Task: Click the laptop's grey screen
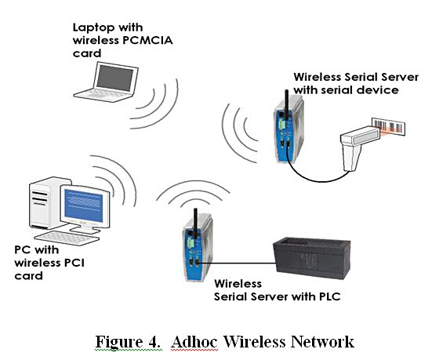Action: point(115,78)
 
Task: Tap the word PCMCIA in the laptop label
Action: point(147,40)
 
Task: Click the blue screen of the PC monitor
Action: point(84,205)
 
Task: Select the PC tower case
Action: point(47,203)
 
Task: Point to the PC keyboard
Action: point(67,238)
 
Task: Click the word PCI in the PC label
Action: point(74,263)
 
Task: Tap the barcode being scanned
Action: point(389,127)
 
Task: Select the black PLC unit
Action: point(311,258)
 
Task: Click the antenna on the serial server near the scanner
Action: point(286,105)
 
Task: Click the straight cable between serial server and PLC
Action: point(238,263)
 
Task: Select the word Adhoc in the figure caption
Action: point(194,342)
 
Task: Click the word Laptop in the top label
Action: point(93,27)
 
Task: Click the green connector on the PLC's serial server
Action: point(191,243)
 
